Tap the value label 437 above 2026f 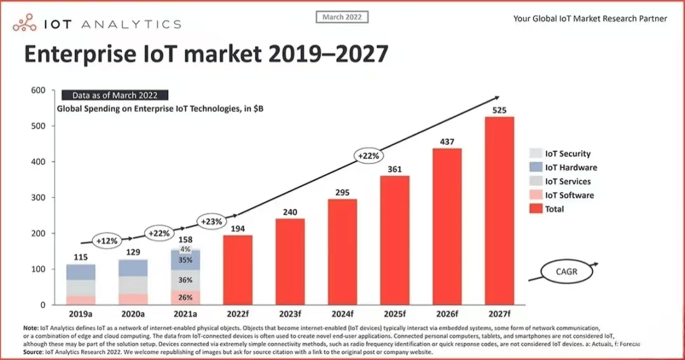[447, 141]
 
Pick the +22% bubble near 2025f [368, 155]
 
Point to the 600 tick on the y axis [38, 91]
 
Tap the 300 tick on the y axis [38, 198]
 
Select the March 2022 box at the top [342, 17]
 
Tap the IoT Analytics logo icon [25, 24]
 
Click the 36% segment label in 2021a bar [185, 280]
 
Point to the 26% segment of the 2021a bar [185, 297]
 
